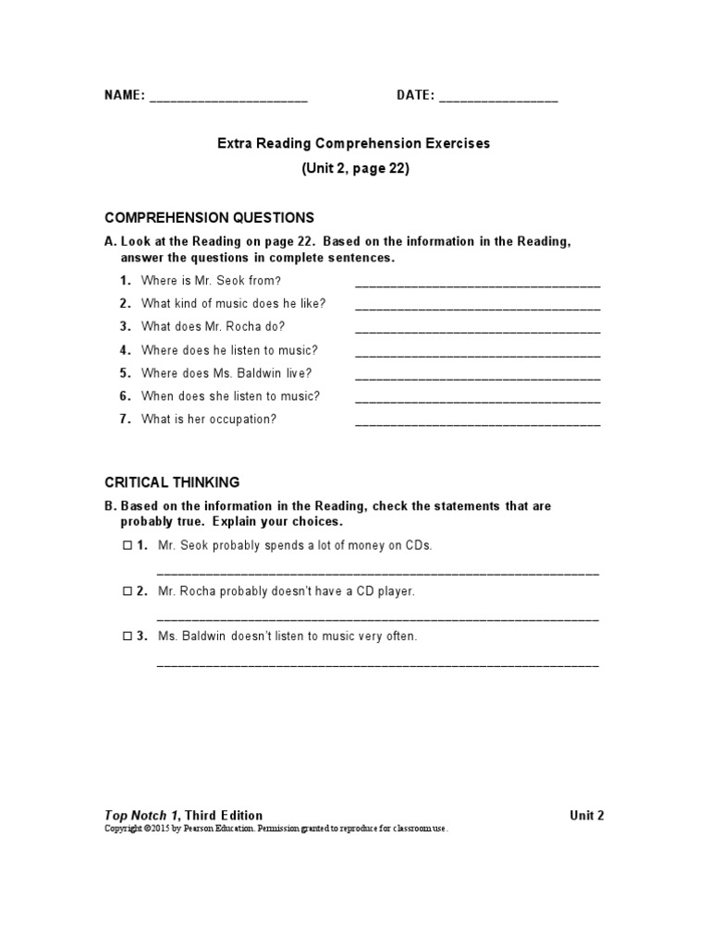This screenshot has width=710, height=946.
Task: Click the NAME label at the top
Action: pyautogui.click(x=124, y=96)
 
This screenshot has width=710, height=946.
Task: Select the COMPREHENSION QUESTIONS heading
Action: pyautogui.click(x=209, y=218)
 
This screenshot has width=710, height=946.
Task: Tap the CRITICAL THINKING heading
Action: pyautogui.click(x=172, y=482)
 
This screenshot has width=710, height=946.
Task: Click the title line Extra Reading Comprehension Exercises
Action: pyautogui.click(x=354, y=144)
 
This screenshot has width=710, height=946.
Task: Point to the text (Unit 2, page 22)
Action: pyautogui.click(x=355, y=169)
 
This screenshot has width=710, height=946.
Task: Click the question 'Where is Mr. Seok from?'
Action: pyautogui.click(x=211, y=280)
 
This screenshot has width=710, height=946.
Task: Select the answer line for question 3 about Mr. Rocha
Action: pyautogui.click(x=477, y=331)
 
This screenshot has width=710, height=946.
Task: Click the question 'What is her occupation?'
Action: pyautogui.click(x=209, y=419)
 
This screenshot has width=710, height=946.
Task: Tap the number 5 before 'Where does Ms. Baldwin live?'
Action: pyautogui.click(x=125, y=373)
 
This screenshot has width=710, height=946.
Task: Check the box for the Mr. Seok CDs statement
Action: pyautogui.click(x=128, y=545)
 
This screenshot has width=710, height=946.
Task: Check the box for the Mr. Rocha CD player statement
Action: pyautogui.click(x=128, y=591)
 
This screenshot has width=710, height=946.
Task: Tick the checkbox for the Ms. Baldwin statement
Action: pyautogui.click(x=128, y=637)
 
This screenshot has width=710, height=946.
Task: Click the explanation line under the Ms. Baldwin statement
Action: pyautogui.click(x=377, y=664)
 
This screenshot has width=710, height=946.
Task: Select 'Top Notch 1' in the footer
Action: pyautogui.click(x=141, y=815)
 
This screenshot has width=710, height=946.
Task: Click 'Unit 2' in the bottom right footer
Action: pyautogui.click(x=586, y=815)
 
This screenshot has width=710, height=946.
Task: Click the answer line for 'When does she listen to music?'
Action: pyautogui.click(x=477, y=401)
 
